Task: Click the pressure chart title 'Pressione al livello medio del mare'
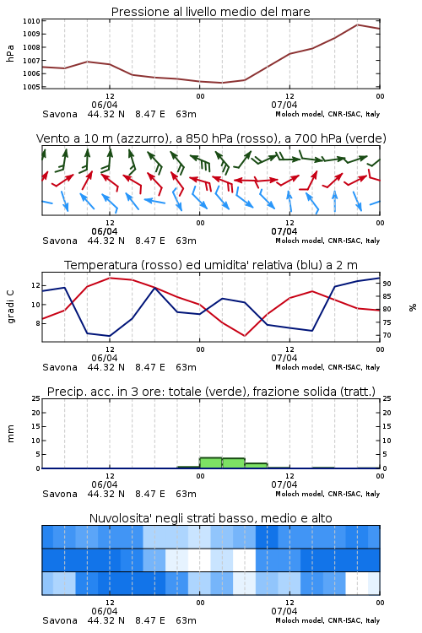[x=210, y=12]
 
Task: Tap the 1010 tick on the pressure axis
[x=31, y=21]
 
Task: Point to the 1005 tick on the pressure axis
[x=31, y=87]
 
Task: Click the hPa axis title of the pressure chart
[x=10, y=53]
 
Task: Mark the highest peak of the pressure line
[x=357, y=24]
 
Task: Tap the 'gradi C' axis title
[x=11, y=306]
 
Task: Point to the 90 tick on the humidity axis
[x=387, y=284]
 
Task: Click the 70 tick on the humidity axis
[x=387, y=335]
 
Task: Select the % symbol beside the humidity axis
[x=413, y=307]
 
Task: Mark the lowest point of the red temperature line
[x=244, y=336]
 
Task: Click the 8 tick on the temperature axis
[x=37, y=323]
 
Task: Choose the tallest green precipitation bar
[x=211, y=463]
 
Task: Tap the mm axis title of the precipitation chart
[x=10, y=434]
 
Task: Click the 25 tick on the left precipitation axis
[x=36, y=398]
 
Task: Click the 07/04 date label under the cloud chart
[x=284, y=611]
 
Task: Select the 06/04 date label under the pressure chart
[x=105, y=105]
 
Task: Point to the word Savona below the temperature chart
[x=60, y=367]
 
